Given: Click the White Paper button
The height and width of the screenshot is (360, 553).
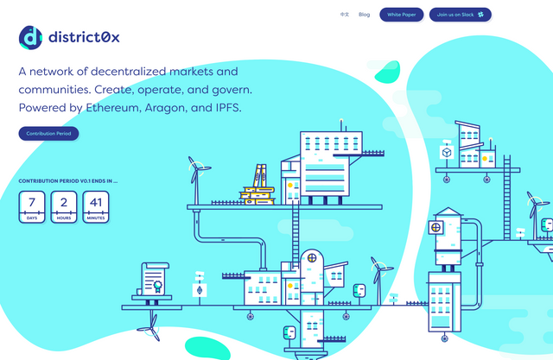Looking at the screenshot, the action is tap(401, 15).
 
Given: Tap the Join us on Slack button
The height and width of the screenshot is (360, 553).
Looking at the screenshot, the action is tap(461, 15).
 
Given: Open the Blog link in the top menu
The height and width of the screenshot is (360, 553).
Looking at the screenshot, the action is tap(365, 15).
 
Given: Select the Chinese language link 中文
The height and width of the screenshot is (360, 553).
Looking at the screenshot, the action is tap(345, 15).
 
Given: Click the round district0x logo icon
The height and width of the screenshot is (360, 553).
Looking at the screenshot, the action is tap(31, 37).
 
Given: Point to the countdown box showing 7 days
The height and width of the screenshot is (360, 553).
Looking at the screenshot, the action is tap(32, 207).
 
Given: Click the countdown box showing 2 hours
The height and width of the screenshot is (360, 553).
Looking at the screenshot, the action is tap(64, 207).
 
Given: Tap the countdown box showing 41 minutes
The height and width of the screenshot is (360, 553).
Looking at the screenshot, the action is tap(96, 207).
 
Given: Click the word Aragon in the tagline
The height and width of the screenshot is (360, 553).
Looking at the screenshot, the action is tap(165, 108).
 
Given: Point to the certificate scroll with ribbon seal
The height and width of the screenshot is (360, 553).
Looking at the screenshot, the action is tap(155, 279).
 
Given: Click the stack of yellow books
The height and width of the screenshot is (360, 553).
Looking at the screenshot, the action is tap(257, 186).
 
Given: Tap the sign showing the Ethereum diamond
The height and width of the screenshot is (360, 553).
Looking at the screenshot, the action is tap(200, 290).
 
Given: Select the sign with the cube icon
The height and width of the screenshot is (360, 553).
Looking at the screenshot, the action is tap(447, 153).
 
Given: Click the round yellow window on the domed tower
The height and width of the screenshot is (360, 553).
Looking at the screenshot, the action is tap(312, 258).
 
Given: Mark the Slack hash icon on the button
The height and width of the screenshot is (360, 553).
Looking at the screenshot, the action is tap(480, 15).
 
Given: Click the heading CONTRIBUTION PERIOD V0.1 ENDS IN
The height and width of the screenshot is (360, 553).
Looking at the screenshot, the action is tap(68, 181).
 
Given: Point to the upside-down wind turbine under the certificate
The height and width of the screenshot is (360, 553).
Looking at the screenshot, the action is tap(149, 327).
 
